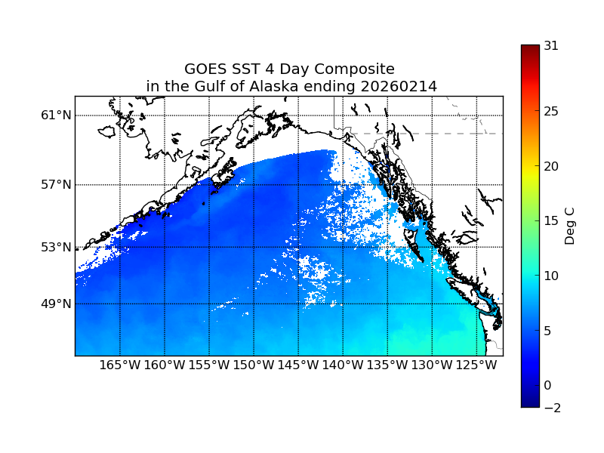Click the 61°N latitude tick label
click(x=56, y=116)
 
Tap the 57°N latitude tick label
click(x=56, y=185)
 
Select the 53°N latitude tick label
click(x=56, y=247)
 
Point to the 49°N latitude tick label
click(x=56, y=304)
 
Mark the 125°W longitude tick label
click(x=476, y=365)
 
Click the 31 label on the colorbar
click(x=551, y=45)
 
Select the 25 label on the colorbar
click(x=551, y=112)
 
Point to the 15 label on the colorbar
click(x=551, y=221)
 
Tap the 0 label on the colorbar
click(x=548, y=385)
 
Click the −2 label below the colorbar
click(x=551, y=408)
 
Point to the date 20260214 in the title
click(x=399, y=87)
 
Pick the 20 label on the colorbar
click(x=551, y=166)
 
